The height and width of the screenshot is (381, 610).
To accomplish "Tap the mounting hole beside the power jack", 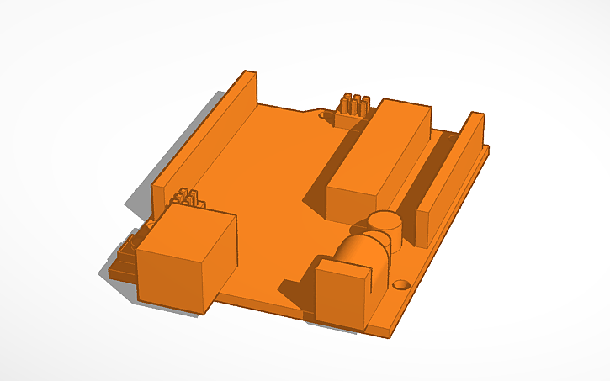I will [x=401, y=284].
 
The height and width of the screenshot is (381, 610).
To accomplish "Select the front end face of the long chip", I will [x=347, y=204].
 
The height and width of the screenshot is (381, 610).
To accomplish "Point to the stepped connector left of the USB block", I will [x=125, y=257].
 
